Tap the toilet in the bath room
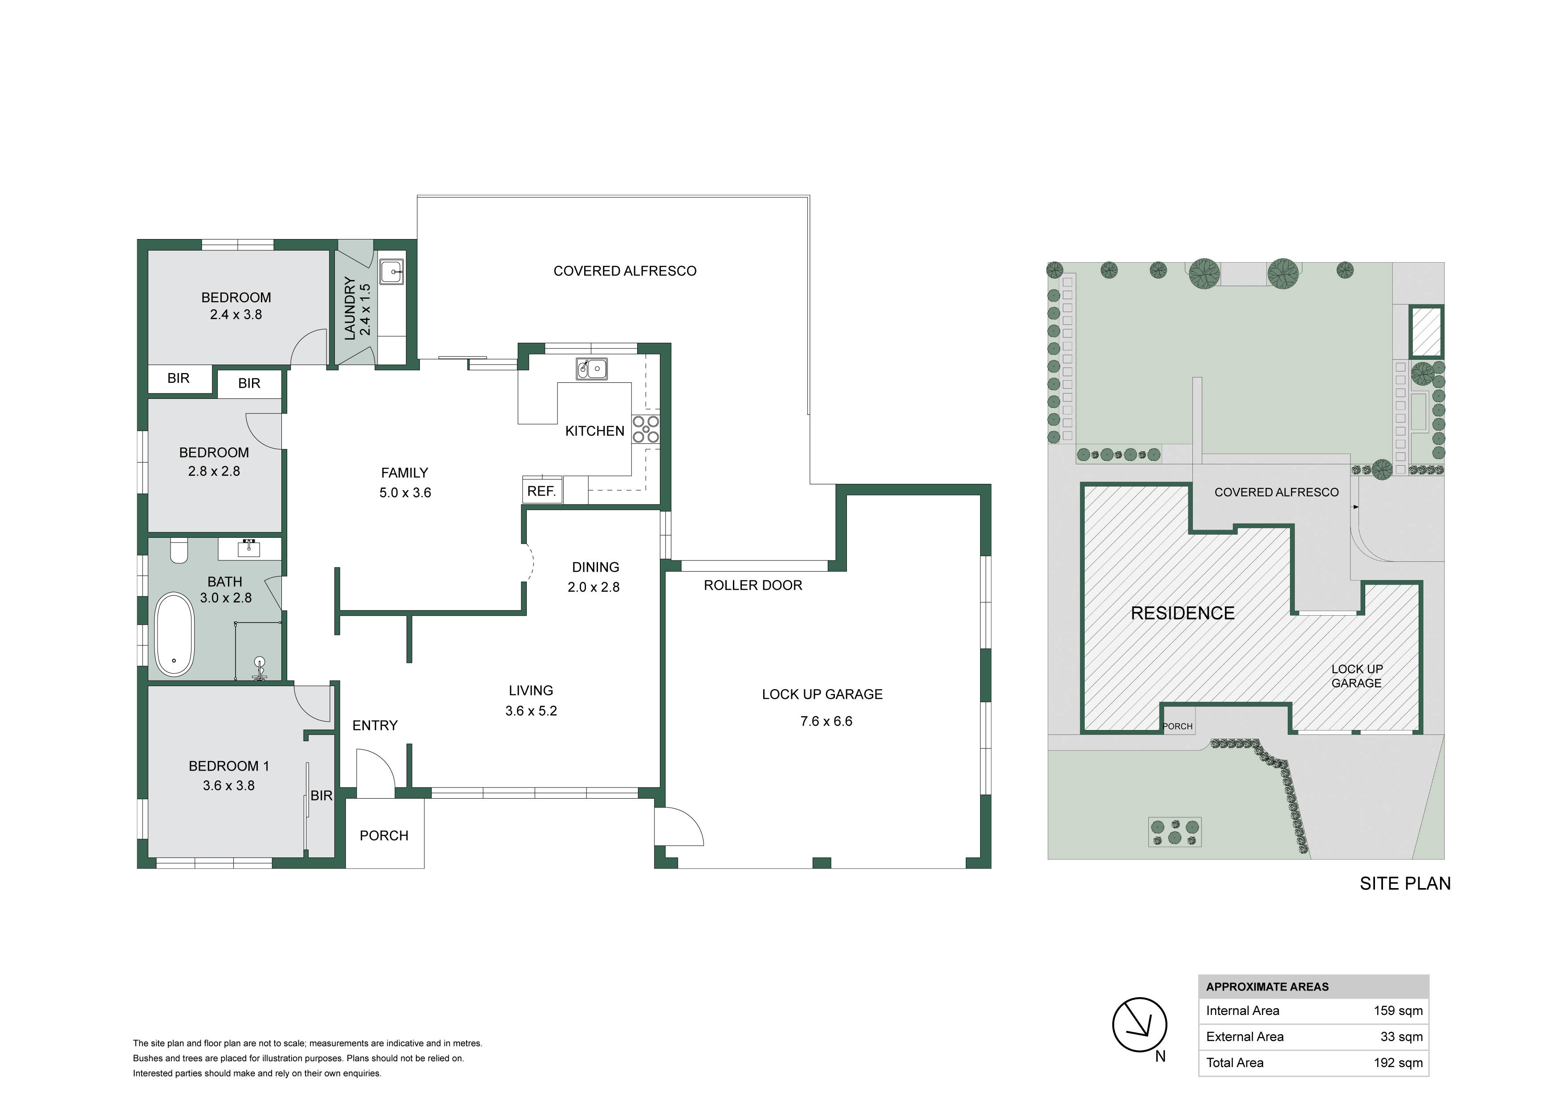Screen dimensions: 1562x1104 [179, 552]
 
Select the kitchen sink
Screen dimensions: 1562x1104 [592, 368]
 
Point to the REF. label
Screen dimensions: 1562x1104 [541, 491]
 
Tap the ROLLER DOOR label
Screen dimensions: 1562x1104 [753, 585]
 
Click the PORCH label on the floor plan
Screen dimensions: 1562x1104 [384, 835]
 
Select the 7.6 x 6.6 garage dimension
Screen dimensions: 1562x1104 [826, 721]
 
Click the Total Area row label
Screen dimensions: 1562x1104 [1235, 1063]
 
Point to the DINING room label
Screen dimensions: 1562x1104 [595, 567]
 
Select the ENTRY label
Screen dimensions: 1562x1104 [375, 725]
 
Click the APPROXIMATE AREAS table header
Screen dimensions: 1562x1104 [1267, 986]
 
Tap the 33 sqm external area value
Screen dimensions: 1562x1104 [1401, 1037]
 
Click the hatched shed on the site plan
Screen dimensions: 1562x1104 [1425, 331]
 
